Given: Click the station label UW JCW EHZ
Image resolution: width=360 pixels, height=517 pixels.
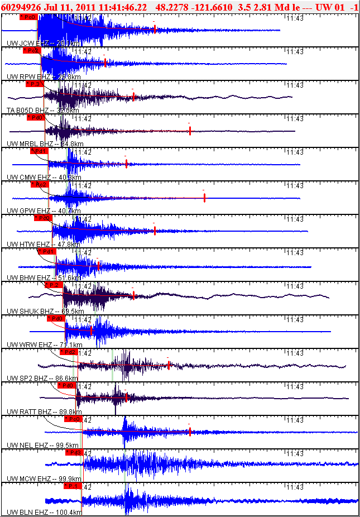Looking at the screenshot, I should (27, 43).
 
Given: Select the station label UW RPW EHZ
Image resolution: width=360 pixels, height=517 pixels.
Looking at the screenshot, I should (28, 76).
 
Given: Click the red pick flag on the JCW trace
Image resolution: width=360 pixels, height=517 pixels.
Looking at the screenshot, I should (28, 17).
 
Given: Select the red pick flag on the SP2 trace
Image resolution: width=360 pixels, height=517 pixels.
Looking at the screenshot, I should (68, 352).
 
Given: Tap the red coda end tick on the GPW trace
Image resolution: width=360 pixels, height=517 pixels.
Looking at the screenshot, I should (204, 197).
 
